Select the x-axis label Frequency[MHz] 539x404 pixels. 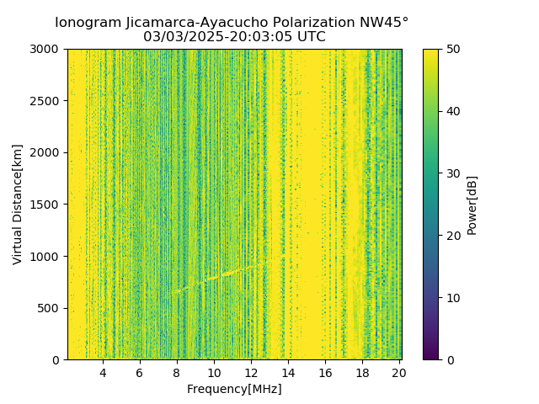[234, 389]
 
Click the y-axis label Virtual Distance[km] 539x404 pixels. [18, 205]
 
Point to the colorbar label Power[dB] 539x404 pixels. [472, 205]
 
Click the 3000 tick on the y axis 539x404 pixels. [49, 50]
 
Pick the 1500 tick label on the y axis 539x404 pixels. [49, 205]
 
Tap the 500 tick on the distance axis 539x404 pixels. [52, 308]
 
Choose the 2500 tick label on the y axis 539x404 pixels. [49, 101]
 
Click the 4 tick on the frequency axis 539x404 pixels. [103, 373]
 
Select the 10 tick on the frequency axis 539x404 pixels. [214, 373]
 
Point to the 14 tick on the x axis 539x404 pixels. [288, 373]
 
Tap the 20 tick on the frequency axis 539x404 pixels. [399, 373]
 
